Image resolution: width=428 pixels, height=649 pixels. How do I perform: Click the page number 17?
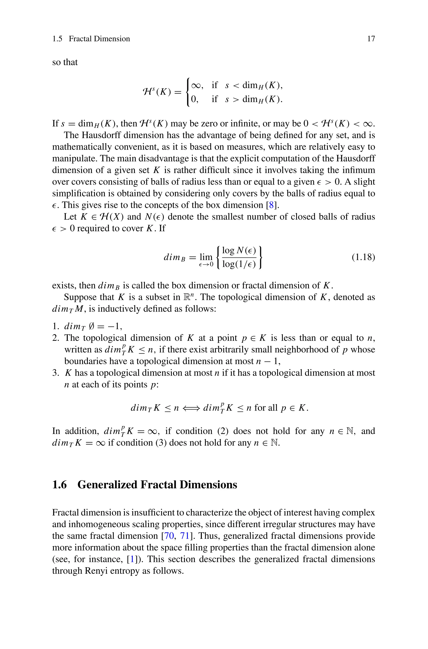click(x=371, y=39)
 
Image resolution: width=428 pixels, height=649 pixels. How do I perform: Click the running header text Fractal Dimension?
click(x=99, y=39)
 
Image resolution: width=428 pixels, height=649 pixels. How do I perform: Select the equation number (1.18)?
click(x=363, y=257)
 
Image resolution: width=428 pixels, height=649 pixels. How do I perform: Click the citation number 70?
click(x=169, y=536)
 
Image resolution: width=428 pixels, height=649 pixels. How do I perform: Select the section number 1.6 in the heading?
click(x=60, y=485)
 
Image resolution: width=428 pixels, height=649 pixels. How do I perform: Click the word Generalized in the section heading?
click(x=107, y=485)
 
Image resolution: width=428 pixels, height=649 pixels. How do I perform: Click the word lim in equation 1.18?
click(x=206, y=257)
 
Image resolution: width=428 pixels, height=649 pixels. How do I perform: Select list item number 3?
click(x=55, y=373)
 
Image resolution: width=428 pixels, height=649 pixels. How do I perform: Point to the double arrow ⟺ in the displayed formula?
click(x=191, y=408)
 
